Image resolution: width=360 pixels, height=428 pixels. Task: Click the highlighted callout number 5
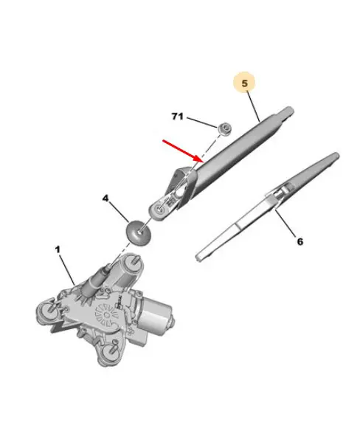(244, 83)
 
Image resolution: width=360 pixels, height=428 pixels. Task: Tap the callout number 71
(177, 117)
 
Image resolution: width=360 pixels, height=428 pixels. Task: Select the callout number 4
(105, 199)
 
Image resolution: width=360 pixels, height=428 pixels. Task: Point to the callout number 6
(300, 241)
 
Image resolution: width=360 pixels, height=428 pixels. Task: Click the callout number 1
(58, 249)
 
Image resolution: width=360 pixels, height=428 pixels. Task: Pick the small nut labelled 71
(225, 128)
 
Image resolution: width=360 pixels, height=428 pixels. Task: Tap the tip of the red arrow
(203, 162)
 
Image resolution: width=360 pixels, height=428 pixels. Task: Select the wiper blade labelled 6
(268, 207)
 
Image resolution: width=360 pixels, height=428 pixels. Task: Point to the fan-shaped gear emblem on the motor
(107, 316)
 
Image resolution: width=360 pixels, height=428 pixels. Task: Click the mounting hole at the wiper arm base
(159, 210)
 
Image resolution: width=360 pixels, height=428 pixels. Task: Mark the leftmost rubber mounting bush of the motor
(47, 311)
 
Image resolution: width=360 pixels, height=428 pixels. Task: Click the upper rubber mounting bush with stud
(133, 264)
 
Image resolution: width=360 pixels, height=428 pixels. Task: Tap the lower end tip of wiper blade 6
(197, 258)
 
